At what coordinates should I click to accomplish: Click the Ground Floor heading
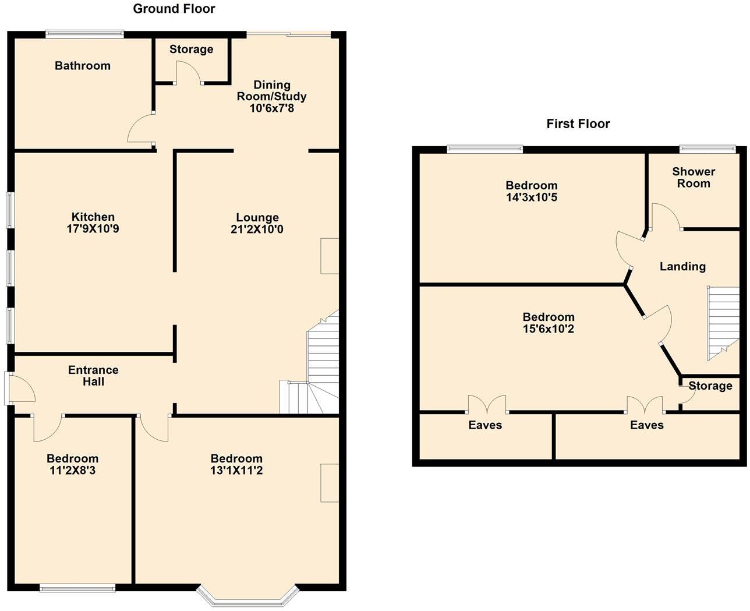(x=174, y=9)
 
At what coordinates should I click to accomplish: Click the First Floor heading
(x=578, y=123)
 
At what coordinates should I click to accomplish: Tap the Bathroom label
(x=83, y=66)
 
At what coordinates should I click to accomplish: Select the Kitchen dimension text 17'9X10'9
(x=93, y=229)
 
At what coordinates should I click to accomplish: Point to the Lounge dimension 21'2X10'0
(x=257, y=229)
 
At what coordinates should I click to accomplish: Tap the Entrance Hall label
(x=93, y=376)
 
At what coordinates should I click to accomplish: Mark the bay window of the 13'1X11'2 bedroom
(x=248, y=595)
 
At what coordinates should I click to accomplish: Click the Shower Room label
(x=694, y=177)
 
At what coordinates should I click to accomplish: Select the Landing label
(x=682, y=266)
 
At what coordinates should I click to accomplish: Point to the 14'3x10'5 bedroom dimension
(x=532, y=197)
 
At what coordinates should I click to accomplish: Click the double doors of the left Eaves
(x=487, y=404)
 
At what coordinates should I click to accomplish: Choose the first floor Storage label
(x=710, y=386)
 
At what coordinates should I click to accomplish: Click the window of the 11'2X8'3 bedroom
(x=77, y=588)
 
